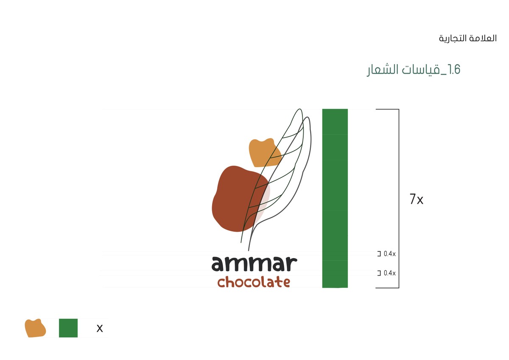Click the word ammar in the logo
pos(254,264)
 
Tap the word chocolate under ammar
pos(254,282)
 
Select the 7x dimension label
pos(417,199)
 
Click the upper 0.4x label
pos(389,254)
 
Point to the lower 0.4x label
pos(389,273)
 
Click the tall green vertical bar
pos(335,198)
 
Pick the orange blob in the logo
pos(264,152)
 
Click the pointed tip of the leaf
pos(299,110)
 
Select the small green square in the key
pos(68,328)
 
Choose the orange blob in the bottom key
pos(35,328)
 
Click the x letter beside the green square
pos(100,328)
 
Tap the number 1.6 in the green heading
pos(454,70)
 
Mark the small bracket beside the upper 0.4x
pos(379,254)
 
